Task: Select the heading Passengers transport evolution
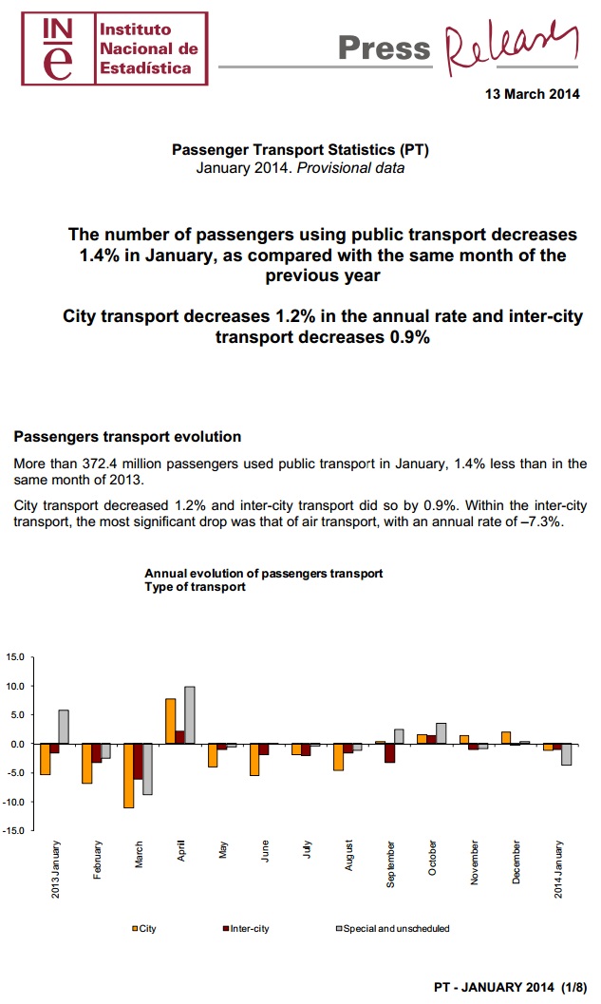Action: [x=127, y=437]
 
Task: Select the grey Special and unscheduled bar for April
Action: [x=190, y=715]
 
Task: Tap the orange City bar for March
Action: [x=128, y=775]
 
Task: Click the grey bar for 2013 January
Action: [x=64, y=727]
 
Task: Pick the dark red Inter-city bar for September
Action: [x=389, y=752]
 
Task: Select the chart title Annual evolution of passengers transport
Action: [x=263, y=574]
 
